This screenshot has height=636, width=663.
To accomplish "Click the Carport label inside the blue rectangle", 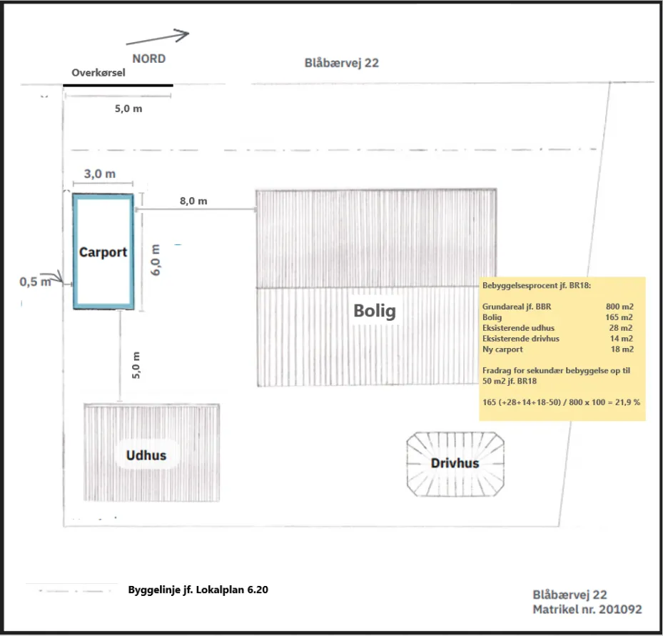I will click(x=103, y=252).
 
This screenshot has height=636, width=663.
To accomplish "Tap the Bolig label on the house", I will click(x=374, y=311).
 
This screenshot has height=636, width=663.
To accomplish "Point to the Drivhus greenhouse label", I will click(x=455, y=463).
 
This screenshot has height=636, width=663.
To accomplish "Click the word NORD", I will click(x=148, y=59).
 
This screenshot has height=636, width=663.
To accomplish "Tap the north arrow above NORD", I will click(x=158, y=37).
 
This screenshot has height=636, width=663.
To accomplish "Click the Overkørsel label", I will click(x=98, y=73).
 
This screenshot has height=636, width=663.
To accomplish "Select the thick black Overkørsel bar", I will click(x=118, y=86).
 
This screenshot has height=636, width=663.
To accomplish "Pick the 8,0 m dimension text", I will click(x=193, y=201).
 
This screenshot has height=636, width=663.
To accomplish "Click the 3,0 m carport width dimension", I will click(x=100, y=174).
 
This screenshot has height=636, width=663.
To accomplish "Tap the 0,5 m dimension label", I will click(x=35, y=282).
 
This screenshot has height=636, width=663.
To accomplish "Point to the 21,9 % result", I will click(x=625, y=402).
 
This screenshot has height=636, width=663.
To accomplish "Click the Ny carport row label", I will click(x=502, y=349).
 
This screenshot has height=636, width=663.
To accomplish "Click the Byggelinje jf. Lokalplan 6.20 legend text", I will click(x=198, y=590).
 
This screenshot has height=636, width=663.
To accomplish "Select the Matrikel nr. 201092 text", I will click(x=587, y=610).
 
